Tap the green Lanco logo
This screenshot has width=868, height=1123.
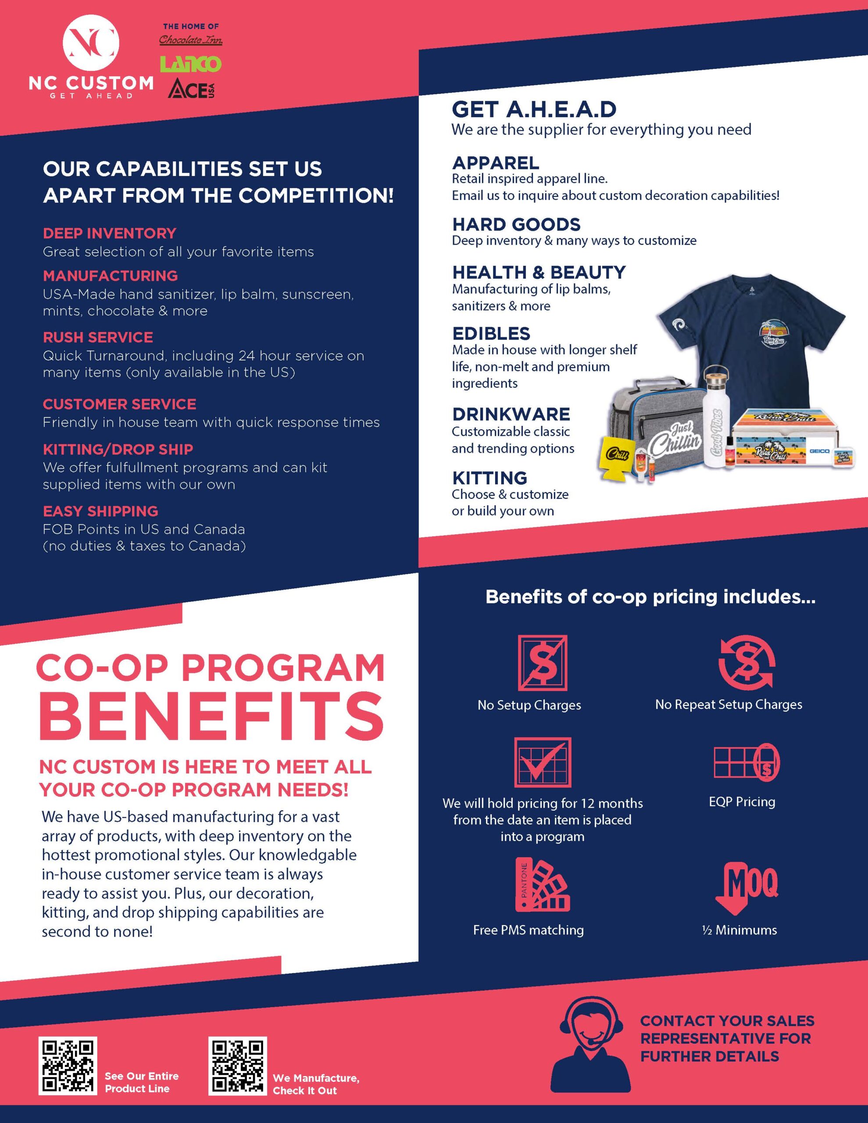point(191,64)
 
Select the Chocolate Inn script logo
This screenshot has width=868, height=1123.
point(191,39)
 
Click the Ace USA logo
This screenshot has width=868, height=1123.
point(191,89)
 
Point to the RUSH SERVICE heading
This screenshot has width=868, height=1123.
point(98,337)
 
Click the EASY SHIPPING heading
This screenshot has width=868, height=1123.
point(100,511)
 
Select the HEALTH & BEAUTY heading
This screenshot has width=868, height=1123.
point(538,272)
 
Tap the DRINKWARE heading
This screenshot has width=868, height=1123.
point(511,414)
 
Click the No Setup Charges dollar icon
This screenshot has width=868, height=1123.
point(543,663)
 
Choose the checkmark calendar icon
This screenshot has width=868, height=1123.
point(543,762)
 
